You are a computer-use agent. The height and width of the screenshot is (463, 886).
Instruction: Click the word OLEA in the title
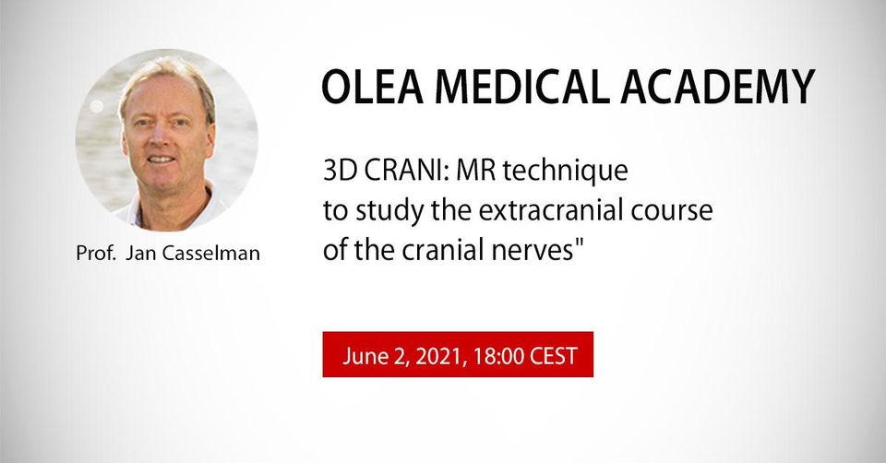tap(372, 87)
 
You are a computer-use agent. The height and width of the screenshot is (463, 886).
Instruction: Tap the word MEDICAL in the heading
tap(521, 87)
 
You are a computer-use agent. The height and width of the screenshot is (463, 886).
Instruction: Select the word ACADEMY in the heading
tap(717, 87)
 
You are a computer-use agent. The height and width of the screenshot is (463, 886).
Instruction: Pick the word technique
tap(565, 172)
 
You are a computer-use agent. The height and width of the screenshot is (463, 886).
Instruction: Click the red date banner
tap(458, 354)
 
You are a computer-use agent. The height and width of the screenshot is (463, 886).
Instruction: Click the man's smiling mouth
tap(161, 160)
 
